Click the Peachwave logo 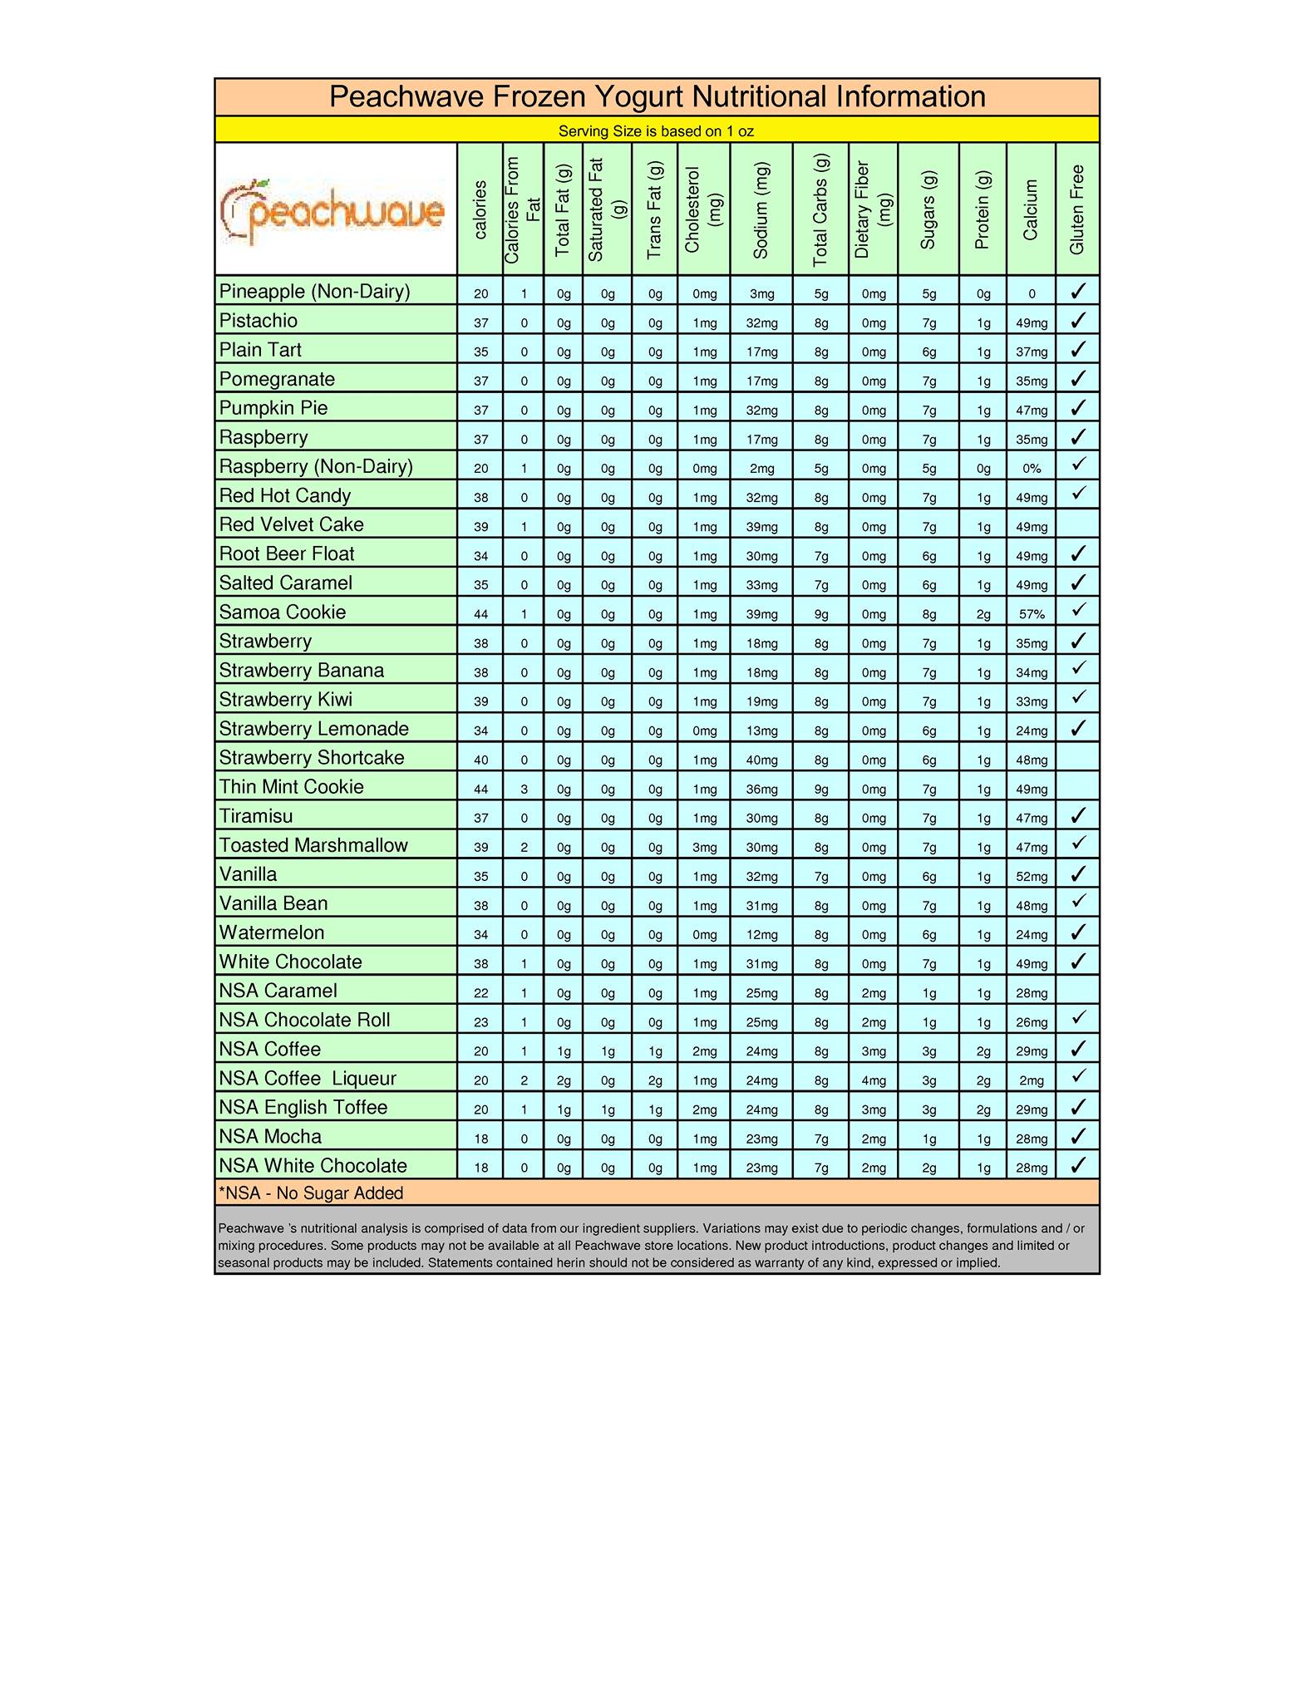[x=332, y=211]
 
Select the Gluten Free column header [x=1077, y=209]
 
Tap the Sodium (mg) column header [x=761, y=209]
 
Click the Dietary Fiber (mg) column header [x=873, y=209]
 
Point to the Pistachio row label [x=259, y=321]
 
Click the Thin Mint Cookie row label [x=292, y=787]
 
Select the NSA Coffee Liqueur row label [x=308, y=1079]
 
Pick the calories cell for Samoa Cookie [x=480, y=614]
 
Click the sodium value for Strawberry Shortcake [x=761, y=760]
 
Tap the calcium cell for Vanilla [x=1032, y=876]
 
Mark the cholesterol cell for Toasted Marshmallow [x=704, y=847]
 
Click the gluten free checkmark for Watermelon [x=1078, y=932]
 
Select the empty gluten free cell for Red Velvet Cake [x=1078, y=525]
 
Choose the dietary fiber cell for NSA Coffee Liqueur [x=874, y=1080]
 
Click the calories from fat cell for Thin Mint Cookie [x=524, y=789]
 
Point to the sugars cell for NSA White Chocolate [x=928, y=1168]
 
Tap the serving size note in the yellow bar [x=656, y=131]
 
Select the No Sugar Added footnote [x=311, y=1193]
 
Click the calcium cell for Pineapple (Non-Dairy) [x=1032, y=293]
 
